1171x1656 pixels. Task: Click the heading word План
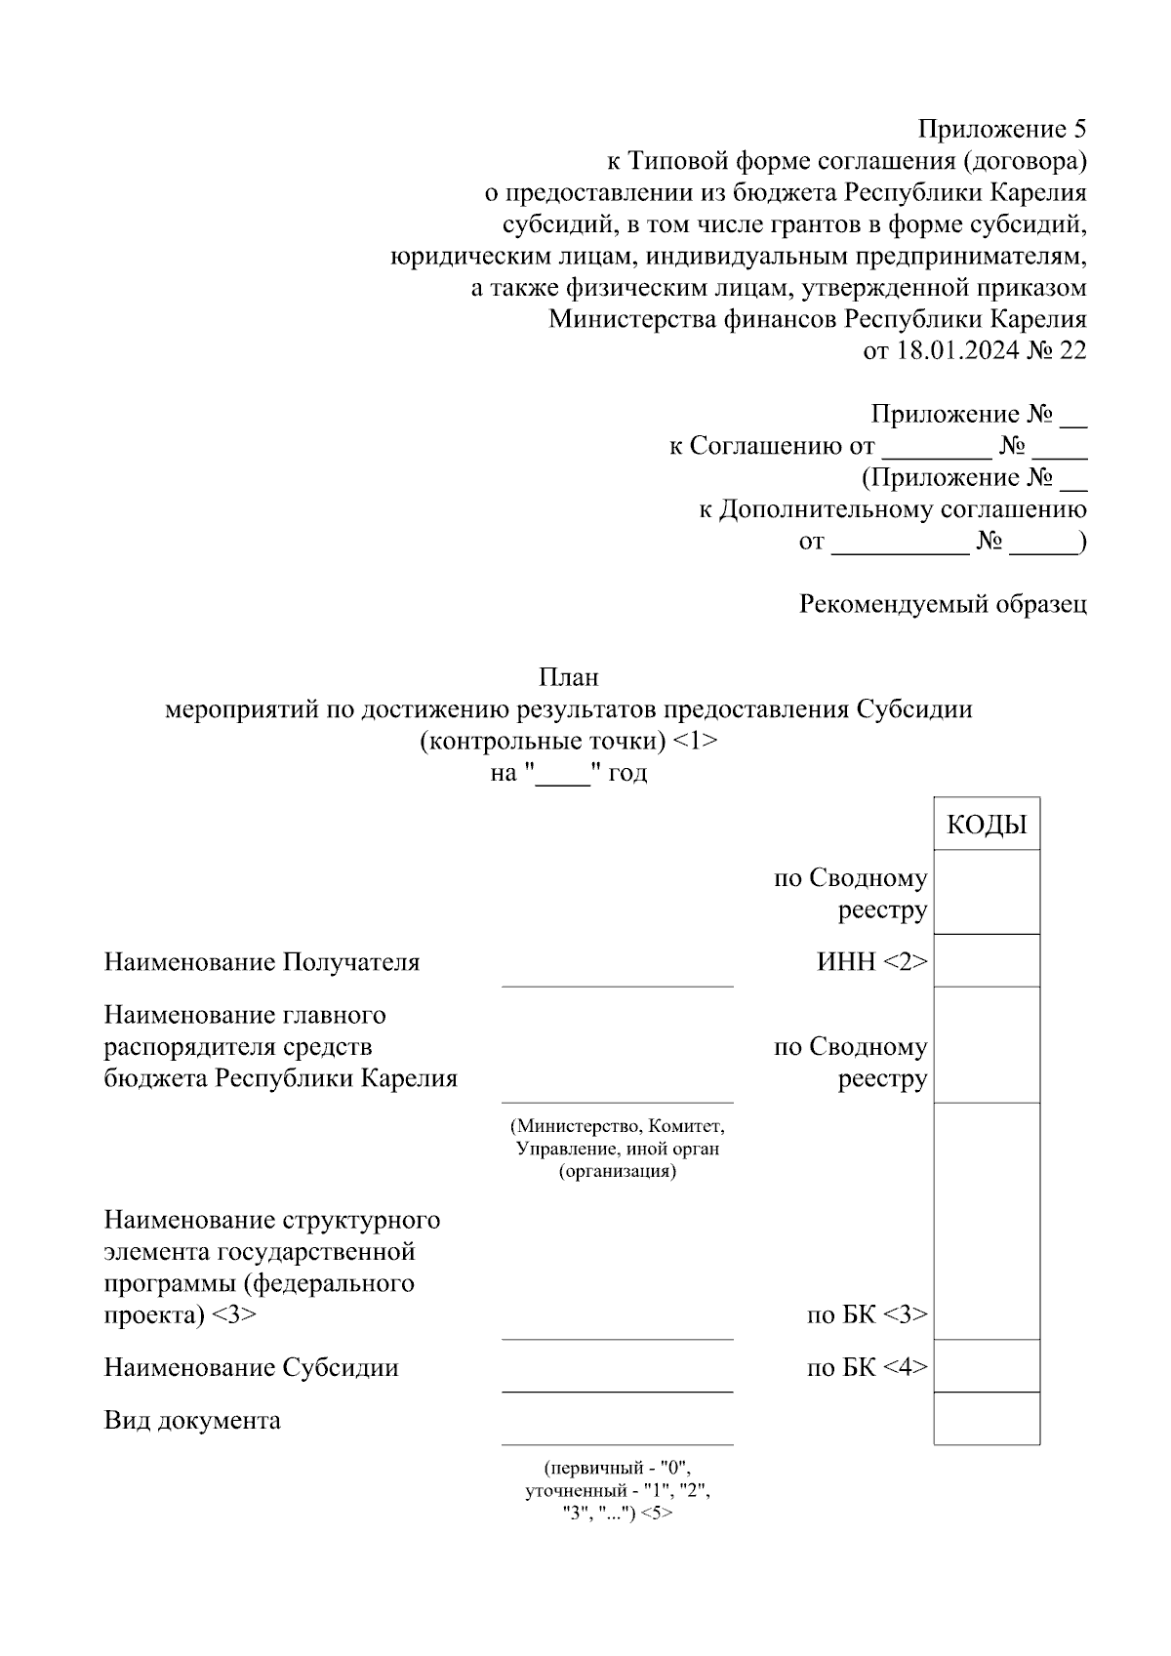pyautogui.click(x=569, y=676)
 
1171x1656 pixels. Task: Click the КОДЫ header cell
pyautogui.click(x=987, y=825)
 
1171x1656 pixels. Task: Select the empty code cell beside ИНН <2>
pyautogui.click(x=987, y=961)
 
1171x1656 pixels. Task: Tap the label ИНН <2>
pyautogui.click(x=871, y=962)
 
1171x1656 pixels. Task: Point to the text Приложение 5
pyautogui.click(x=1001, y=129)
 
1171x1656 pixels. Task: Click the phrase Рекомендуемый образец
pyautogui.click(x=943, y=604)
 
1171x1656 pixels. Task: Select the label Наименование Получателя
pyautogui.click(x=262, y=962)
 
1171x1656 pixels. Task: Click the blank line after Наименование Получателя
pyautogui.click(x=617, y=976)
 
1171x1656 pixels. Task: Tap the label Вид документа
pyautogui.click(x=192, y=1420)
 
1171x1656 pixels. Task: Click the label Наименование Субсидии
pyautogui.click(x=251, y=1367)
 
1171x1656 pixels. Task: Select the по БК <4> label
pyautogui.click(x=867, y=1367)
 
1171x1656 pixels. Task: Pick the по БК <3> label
pyautogui.click(x=867, y=1314)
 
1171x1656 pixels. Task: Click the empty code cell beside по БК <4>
pyautogui.click(x=987, y=1366)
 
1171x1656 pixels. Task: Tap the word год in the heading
pyautogui.click(x=627, y=773)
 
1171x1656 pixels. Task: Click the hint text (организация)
pyautogui.click(x=617, y=1171)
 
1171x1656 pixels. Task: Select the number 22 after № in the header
pyautogui.click(x=1071, y=350)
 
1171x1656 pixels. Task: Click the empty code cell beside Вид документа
pyautogui.click(x=987, y=1419)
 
